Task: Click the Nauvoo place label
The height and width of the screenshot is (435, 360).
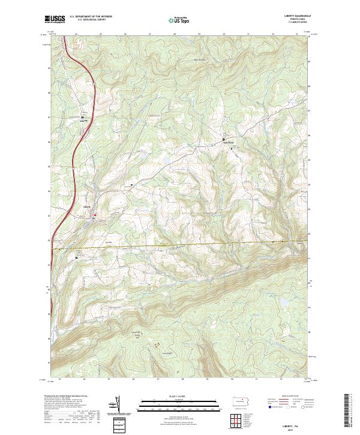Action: click(228, 142)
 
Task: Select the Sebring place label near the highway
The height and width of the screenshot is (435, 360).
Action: click(84, 119)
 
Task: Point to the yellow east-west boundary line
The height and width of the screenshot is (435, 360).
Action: click(180, 245)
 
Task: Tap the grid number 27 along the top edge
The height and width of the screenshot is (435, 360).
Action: click(149, 34)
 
